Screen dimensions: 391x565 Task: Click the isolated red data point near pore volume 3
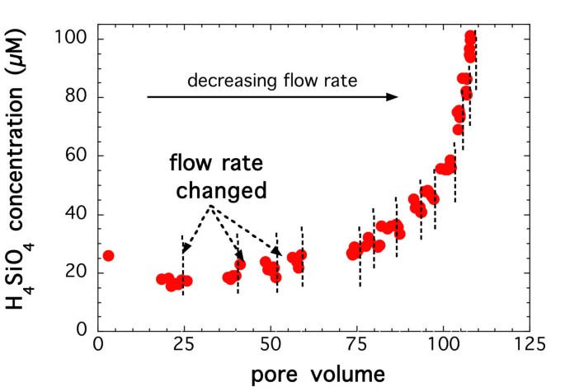point(108,256)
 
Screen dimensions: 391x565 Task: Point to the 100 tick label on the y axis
point(73,39)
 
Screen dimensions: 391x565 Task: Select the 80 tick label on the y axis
point(78,97)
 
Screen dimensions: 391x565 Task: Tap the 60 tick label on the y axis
point(78,156)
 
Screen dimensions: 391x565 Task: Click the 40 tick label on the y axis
point(78,214)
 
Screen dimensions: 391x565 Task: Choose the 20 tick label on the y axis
point(78,272)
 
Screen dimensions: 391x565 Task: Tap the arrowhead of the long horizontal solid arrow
point(393,97)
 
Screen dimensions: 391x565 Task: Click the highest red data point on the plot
point(471,37)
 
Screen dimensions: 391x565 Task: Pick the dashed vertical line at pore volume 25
point(183,263)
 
